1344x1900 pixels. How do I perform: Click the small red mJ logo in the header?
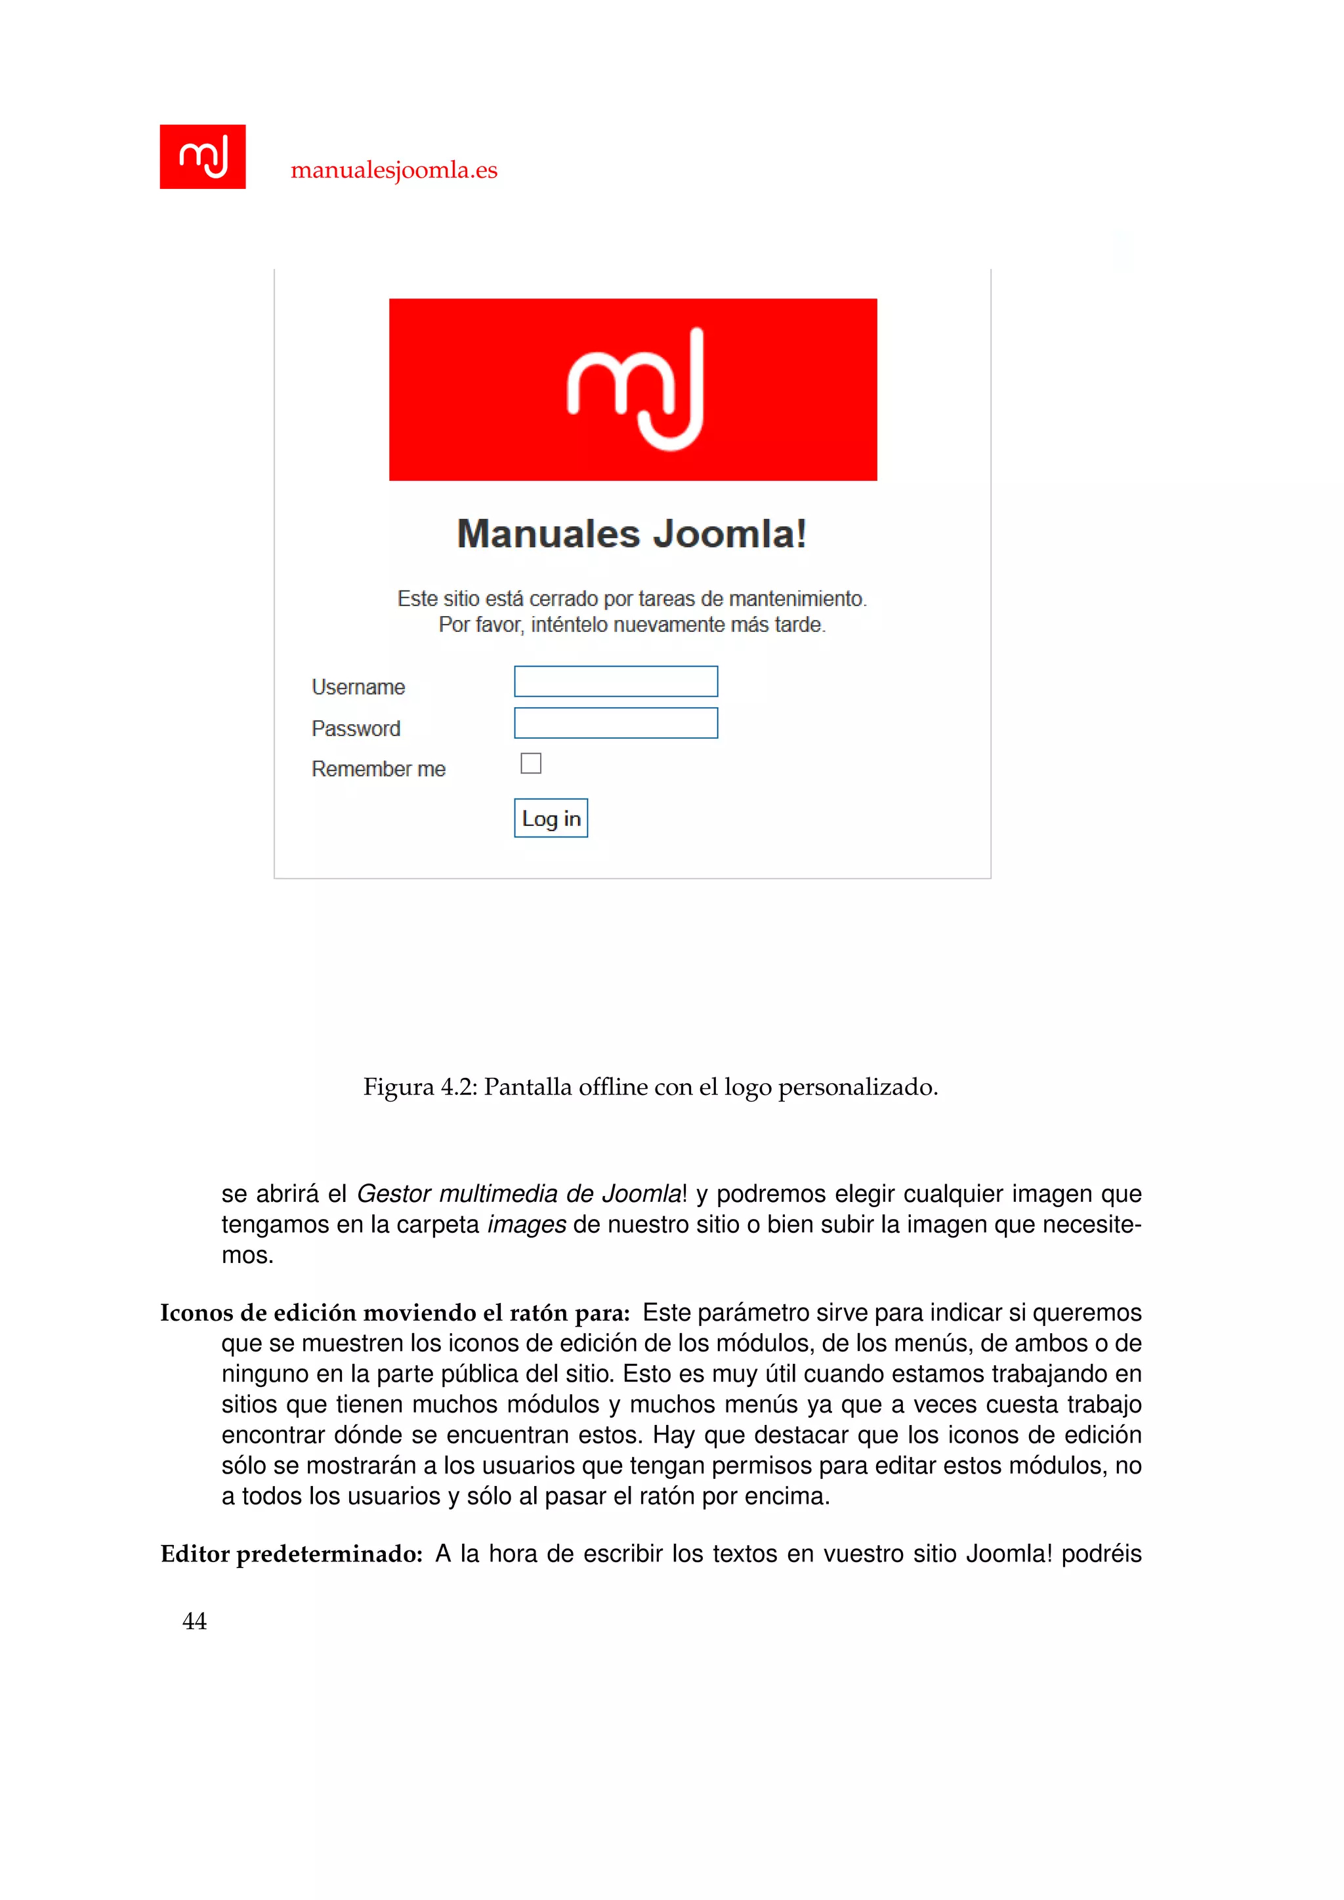(203, 156)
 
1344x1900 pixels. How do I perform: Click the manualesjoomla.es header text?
(394, 170)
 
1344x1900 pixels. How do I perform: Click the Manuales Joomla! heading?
(631, 534)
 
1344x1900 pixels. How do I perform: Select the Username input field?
(616, 681)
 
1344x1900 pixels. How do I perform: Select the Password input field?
(616, 722)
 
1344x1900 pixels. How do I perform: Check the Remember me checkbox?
(530, 763)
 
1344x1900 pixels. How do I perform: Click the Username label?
(358, 687)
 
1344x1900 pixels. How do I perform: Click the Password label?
(356, 728)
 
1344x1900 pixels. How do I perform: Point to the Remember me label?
(378, 769)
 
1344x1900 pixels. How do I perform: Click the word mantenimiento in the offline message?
(795, 598)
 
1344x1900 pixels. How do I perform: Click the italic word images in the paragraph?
(526, 1224)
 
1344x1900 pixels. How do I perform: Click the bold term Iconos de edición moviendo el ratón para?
(395, 1312)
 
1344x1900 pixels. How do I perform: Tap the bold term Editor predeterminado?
(291, 1554)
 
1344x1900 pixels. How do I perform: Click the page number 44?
(194, 1621)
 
